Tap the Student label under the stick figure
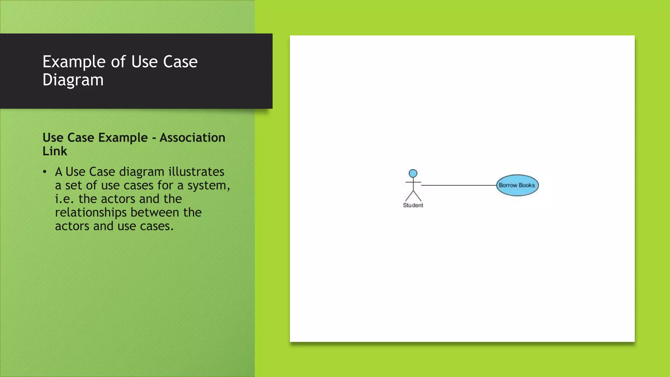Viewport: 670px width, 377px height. (413, 205)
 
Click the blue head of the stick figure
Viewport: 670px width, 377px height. (413, 173)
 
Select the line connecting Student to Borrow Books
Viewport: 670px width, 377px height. (458, 185)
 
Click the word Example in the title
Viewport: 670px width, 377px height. (74, 62)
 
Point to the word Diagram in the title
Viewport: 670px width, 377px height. (73, 80)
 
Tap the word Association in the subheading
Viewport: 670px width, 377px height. (192, 137)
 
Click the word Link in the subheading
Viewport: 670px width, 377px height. (55, 151)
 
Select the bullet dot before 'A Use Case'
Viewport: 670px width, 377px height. (45, 172)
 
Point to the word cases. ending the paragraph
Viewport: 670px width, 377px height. (156, 226)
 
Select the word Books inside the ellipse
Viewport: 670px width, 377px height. (527, 185)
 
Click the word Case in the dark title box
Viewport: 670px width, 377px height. (180, 62)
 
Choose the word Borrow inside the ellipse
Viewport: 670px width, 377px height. (508, 185)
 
